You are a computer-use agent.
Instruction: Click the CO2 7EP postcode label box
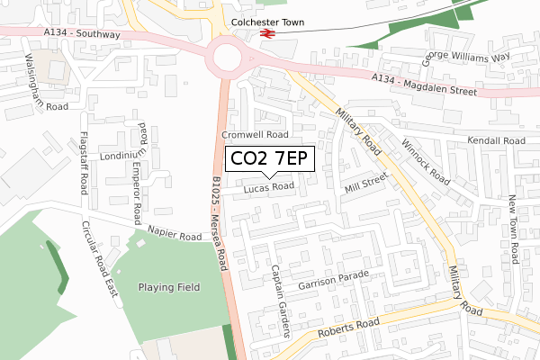[269, 159]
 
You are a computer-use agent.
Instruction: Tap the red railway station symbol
[267, 34]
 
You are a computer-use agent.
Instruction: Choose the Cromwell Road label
[256, 134]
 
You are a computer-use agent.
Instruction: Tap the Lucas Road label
[268, 187]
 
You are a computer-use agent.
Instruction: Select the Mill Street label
[365, 185]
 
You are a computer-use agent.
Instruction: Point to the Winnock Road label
[425, 162]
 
